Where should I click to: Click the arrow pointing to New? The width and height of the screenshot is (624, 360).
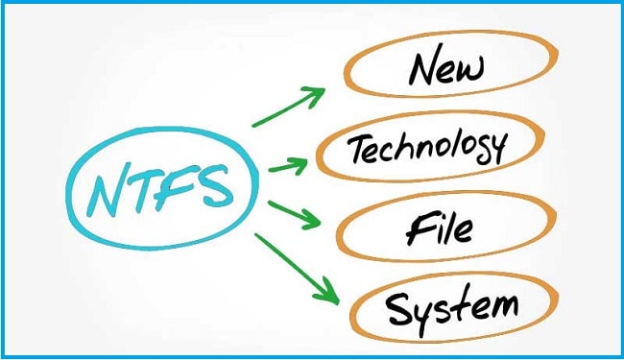tap(288, 108)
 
